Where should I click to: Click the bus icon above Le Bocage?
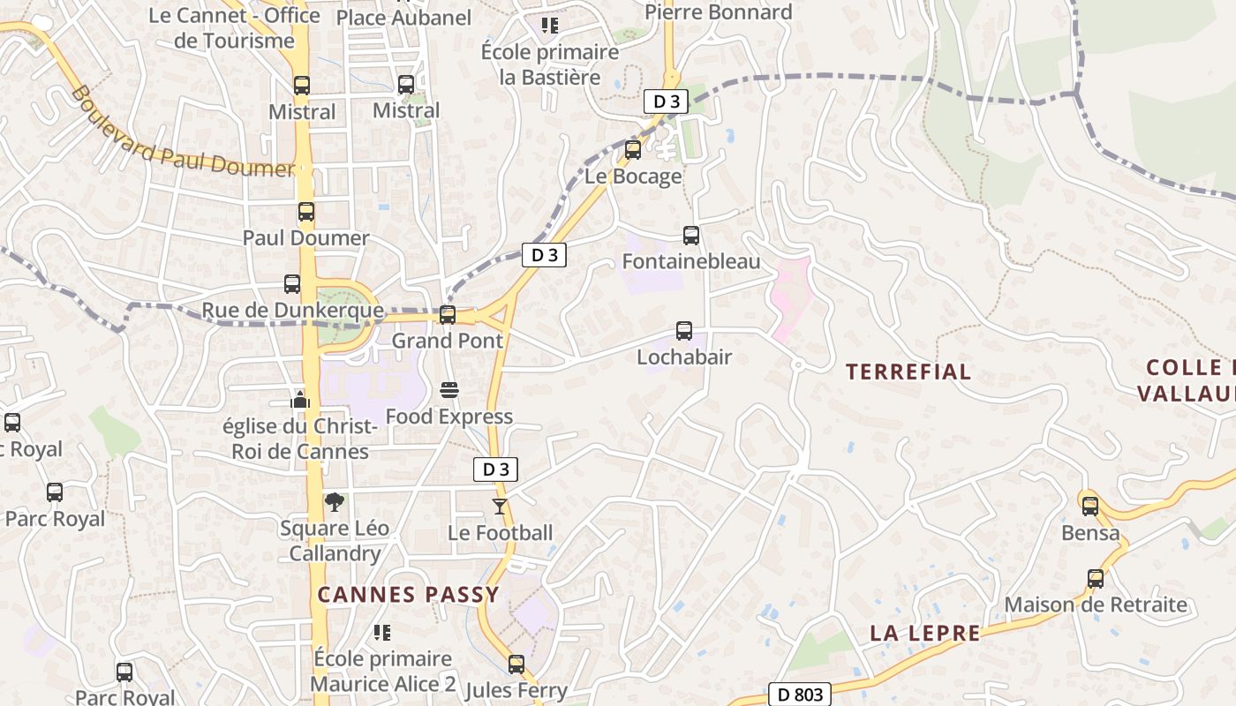pos(633,150)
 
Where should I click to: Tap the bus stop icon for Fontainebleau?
pos(691,236)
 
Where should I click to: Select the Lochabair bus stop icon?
pos(684,331)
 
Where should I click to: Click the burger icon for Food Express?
pos(448,390)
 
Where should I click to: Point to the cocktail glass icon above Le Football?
pos(500,507)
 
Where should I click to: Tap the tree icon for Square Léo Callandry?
pos(335,502)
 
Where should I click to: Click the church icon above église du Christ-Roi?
pos(300,400)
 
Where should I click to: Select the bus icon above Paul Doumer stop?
pos(306,212)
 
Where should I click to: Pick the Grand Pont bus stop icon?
pos(448,314)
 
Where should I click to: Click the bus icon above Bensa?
pos(1090,507)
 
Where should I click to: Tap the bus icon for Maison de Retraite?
pos(1096,579)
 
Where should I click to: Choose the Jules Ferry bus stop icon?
pos(516,664)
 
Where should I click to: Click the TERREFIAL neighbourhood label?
pos(908,372)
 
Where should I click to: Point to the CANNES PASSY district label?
pos(409,595)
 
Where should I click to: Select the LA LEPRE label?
pos(925,633)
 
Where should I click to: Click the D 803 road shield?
pos(800,695)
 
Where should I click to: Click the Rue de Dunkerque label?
pos(293,311)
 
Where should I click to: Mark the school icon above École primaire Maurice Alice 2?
pos(382,632)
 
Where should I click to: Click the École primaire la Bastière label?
pos(550,64)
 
